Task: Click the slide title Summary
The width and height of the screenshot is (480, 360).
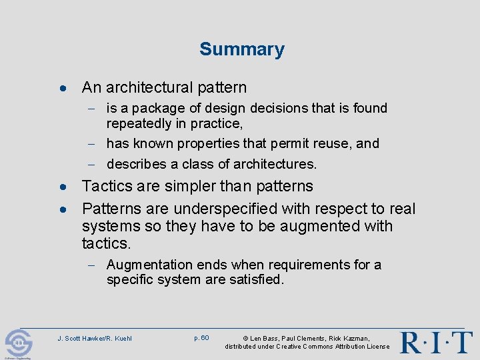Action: coord(241,49)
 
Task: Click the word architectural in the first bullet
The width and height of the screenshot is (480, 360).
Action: coord(149,87)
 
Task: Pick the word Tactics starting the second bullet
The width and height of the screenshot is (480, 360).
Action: coord(105,186)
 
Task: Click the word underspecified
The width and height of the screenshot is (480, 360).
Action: coord(222,209)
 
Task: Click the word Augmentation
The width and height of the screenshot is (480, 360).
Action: coord(149,265)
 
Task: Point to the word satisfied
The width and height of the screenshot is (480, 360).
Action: coord(255,280)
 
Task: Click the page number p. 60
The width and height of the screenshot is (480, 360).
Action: coord(201,337)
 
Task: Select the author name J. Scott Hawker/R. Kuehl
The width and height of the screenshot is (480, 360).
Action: coord(95,338)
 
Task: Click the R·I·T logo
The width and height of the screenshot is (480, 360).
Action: coord(436,342)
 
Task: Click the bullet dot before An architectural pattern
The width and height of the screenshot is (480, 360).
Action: coord(61,88)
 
